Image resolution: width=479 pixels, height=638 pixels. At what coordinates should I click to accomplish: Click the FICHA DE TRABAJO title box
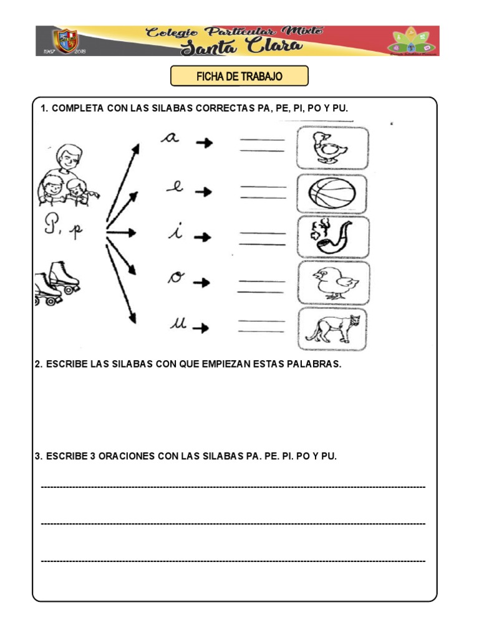tap(239, 76)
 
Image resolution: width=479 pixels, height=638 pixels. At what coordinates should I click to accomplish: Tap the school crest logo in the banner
tap(66, 41)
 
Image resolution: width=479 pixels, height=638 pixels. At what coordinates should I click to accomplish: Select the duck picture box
tap(332, 148)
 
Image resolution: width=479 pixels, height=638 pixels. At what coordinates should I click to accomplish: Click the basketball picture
tap(332, 194)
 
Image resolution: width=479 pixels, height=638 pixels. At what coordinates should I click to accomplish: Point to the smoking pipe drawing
tap(332, 237)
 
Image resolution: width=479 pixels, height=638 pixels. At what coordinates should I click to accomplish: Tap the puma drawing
tap(332, 329)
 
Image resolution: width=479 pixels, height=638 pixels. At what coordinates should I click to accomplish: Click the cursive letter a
tap(170, 138)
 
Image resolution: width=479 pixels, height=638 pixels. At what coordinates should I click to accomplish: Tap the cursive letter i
tap(176, 232)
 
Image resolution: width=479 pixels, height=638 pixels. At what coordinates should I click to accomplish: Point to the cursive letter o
tap(175, 278)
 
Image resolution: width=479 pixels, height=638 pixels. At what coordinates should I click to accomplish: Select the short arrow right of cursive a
tap(203, 143)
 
